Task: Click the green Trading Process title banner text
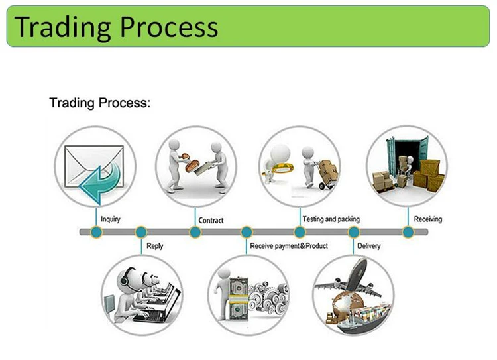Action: (116, 27)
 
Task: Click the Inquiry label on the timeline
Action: (111, 219)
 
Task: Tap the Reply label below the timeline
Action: (154, 246)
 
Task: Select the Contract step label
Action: (211, 220)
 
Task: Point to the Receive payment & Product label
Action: (289, 246)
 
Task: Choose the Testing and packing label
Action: (331, 219)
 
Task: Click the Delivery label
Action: (368, 246)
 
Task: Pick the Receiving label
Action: (427, 219)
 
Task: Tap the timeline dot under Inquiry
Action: (96, 232)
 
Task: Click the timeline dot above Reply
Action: (141, 232)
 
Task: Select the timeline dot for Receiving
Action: (408, 232)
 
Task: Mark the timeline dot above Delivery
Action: (354, 232)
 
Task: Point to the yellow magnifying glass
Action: (279, 168)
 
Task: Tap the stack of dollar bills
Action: (238, 299)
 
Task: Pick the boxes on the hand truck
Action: (329, 170)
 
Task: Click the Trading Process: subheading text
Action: (100, 103)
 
